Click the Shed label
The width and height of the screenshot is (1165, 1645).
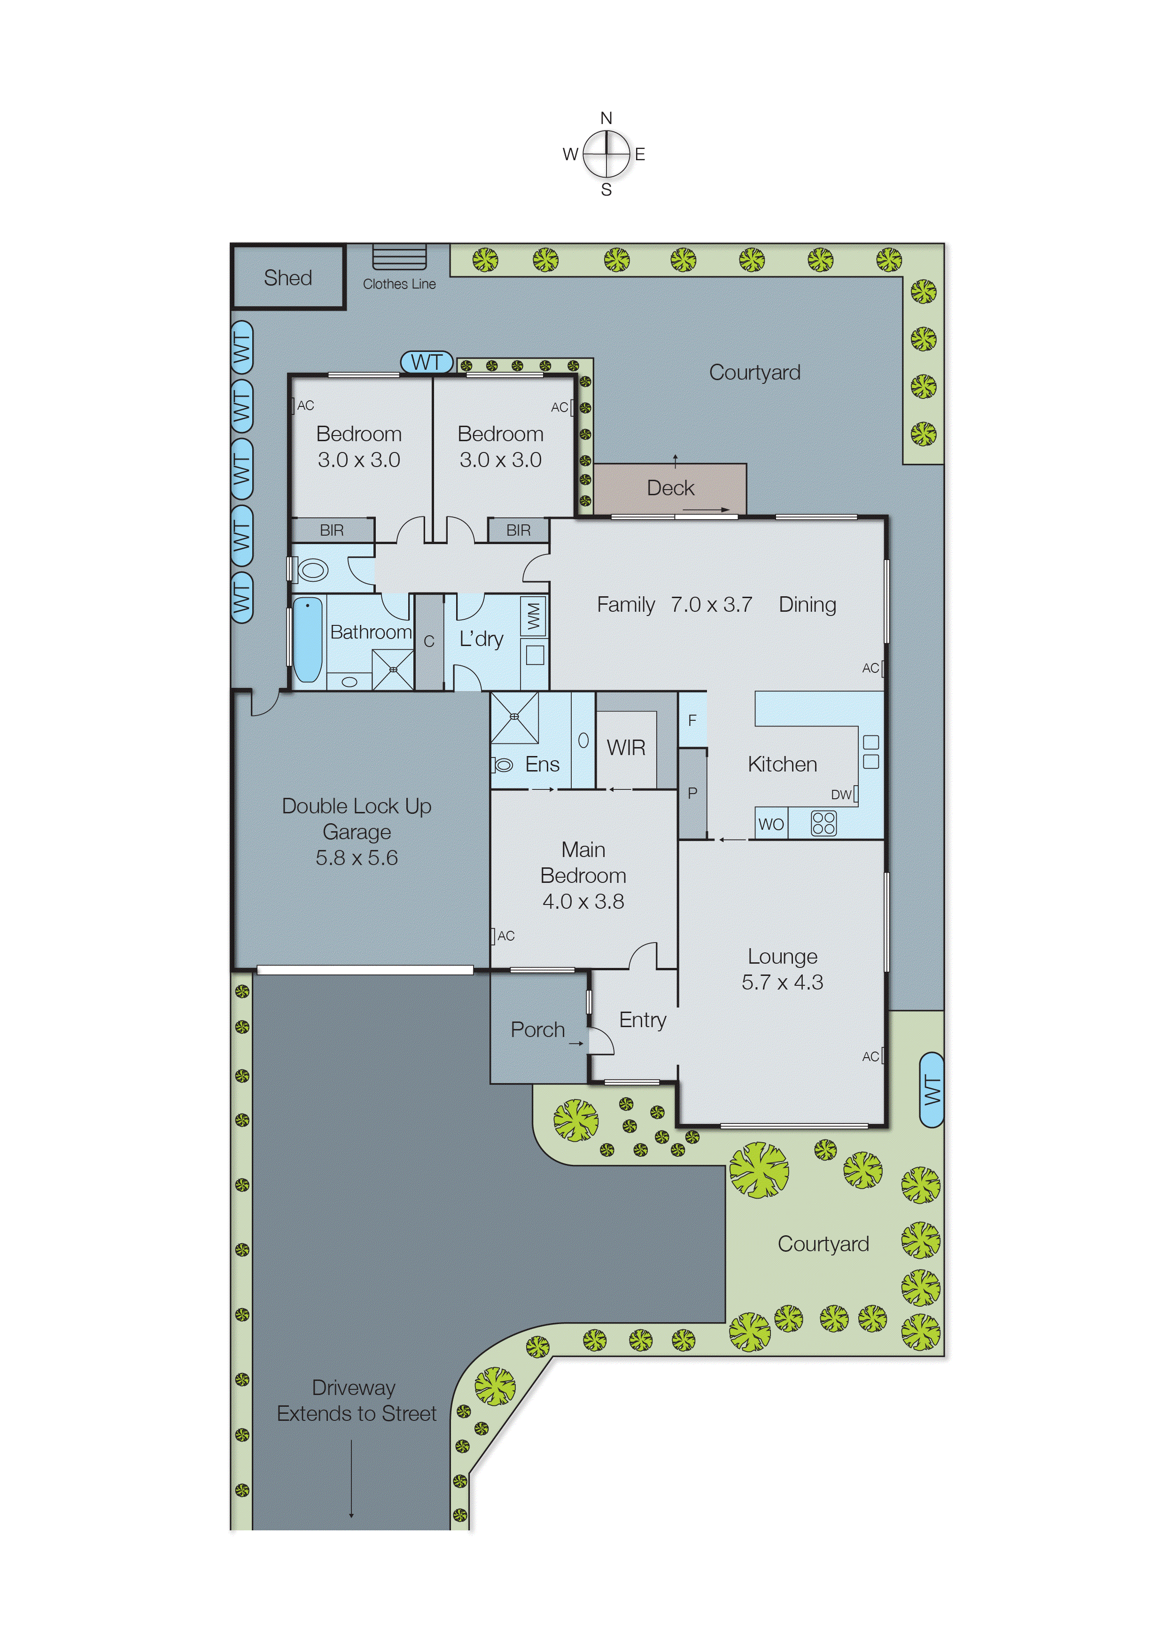coord(287,278)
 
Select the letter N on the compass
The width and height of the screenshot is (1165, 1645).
coord(606,117)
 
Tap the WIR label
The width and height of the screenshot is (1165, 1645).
coord(626,748)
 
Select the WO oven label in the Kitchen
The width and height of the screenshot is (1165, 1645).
coord(771,824)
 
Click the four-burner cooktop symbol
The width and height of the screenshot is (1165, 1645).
coord(823,823)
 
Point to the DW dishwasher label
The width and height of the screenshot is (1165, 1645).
coord(841,794)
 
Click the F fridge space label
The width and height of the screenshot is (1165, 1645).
coord(692,720)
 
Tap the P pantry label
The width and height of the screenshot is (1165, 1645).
coord(692,793)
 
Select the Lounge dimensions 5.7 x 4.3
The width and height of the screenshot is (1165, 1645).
coord(782,982)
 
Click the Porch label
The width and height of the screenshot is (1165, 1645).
coord(537,1029)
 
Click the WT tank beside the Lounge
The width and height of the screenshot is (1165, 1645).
coord(931,1090)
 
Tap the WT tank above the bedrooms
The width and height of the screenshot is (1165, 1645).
coord(426,362)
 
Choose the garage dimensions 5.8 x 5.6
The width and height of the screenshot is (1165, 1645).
coord(357,858)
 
